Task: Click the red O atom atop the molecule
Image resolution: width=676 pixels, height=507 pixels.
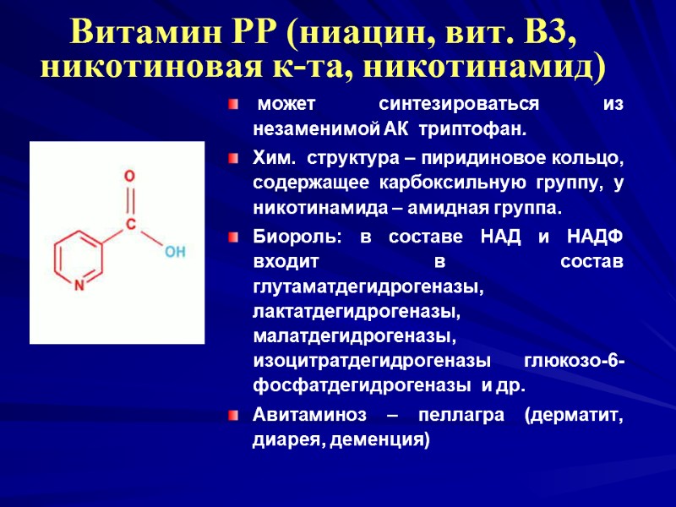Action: pyautogui.click(x=129, y=177)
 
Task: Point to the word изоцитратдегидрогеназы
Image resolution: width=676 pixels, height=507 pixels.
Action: pyautogui.click(x=372, y=362)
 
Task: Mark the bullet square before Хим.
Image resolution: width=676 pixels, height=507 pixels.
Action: pyautogui.click(x=235, y=158)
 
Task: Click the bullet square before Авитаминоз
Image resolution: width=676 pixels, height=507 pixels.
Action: pyautogui.click(x=235, y=416)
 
